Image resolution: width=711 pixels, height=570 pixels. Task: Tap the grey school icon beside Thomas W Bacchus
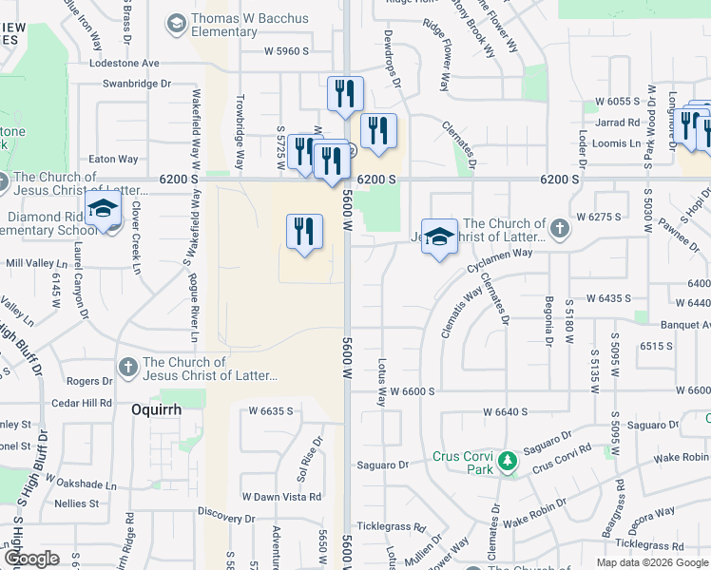coord(176,21)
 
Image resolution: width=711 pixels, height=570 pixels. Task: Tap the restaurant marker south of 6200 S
coord(304,232)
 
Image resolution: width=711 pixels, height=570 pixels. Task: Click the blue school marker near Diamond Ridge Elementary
coord(103,210)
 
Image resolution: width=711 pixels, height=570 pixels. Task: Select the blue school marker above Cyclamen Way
coord(439,237)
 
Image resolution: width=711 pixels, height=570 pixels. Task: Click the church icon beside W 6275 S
coord(560,228)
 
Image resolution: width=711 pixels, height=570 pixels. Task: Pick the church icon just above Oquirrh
coord(128,367)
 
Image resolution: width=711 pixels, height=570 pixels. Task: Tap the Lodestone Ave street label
coord(125,64)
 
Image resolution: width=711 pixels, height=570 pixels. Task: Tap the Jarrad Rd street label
coord(618,123)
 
